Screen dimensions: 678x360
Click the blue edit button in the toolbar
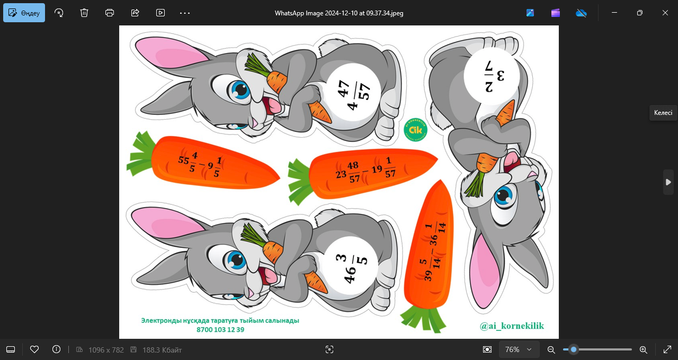(24, 13)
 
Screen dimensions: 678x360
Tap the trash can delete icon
(84, 13)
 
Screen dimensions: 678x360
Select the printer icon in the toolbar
(110, 13)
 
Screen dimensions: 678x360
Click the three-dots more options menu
(185, 13)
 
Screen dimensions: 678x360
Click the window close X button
(665, 13)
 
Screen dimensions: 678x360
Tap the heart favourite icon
(34, 349)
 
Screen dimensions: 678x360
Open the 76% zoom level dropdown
(519, 349)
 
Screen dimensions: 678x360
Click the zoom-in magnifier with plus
(644, 350)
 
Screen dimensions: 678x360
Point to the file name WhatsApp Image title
(339, 13)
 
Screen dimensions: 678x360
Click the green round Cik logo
(415, 130)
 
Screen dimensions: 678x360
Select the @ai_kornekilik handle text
(512, 326)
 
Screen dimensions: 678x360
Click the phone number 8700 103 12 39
(220, 329)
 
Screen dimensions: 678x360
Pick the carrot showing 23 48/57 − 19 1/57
(363, 175)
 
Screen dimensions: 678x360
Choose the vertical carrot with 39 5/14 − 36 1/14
(429, 256)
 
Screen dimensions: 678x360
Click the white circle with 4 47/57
(353, 93)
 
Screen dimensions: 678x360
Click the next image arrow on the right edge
(668, 182)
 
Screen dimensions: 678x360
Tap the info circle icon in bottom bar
(56, 349)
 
